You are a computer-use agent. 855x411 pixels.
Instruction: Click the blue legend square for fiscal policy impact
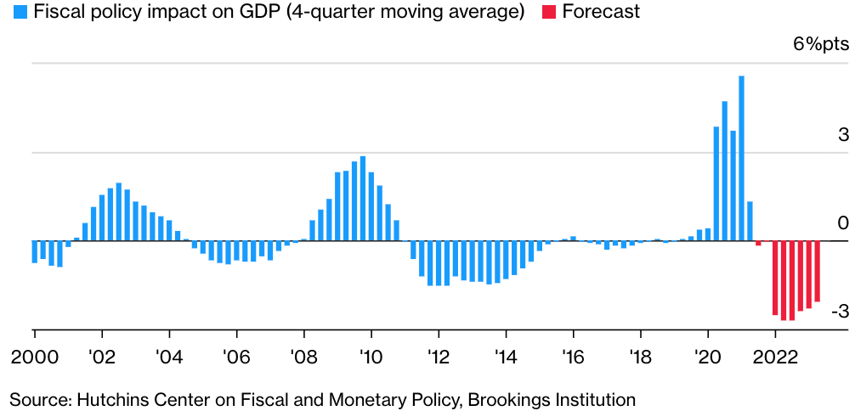17,13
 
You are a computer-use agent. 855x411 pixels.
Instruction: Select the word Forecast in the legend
601,13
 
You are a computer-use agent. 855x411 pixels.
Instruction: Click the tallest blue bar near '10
363,199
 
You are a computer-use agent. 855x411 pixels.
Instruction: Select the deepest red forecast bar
792,281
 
